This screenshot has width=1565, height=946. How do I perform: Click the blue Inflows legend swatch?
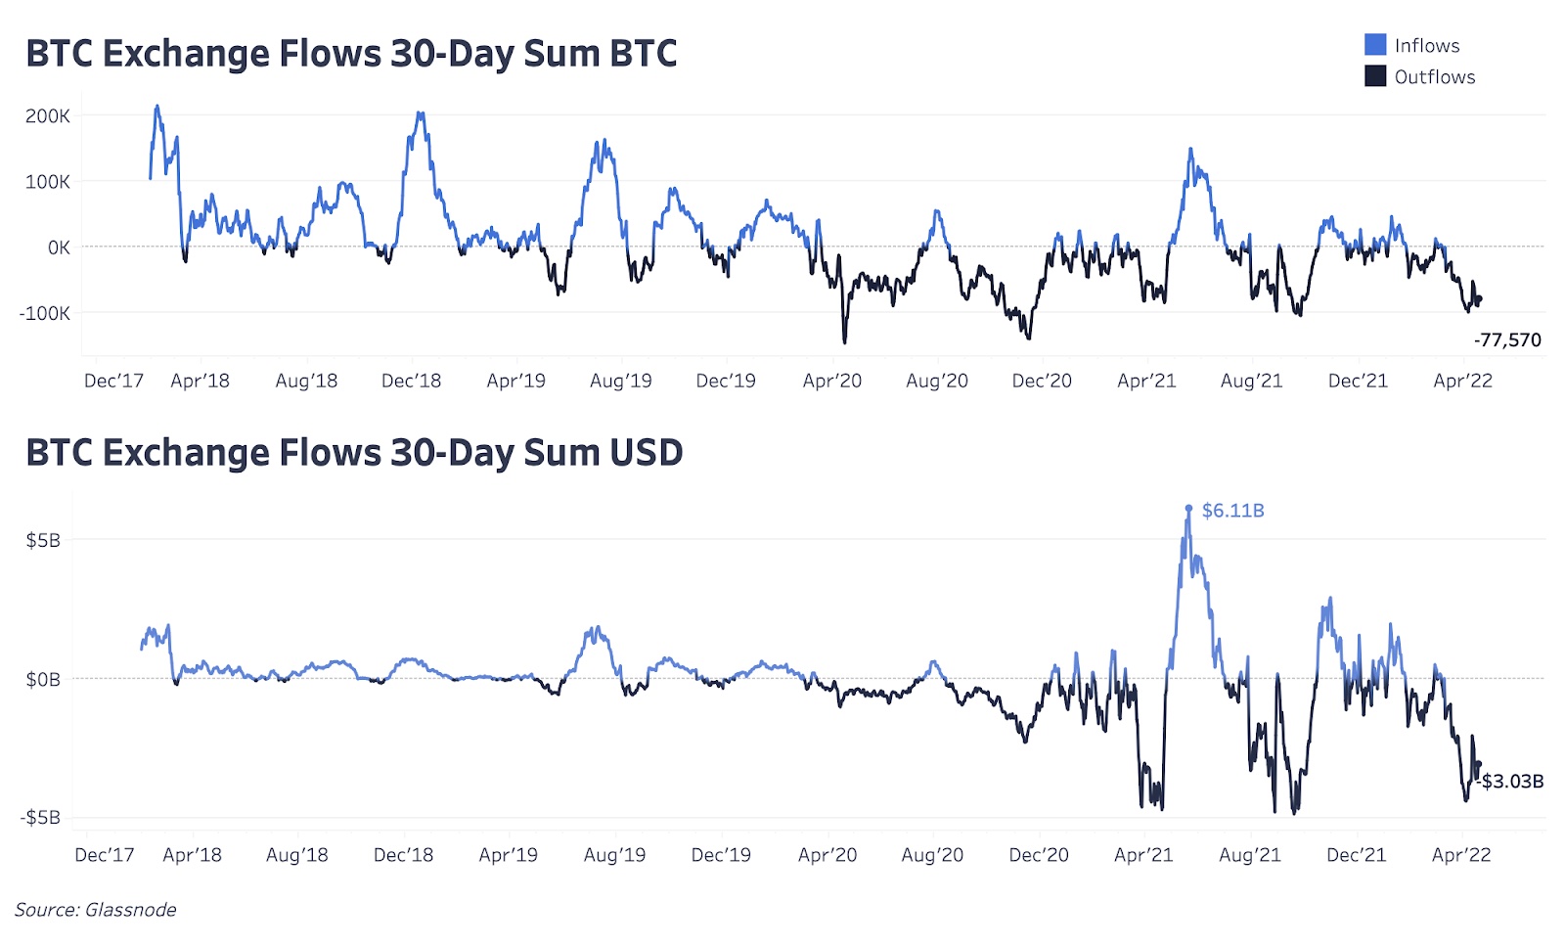pos(1375,45)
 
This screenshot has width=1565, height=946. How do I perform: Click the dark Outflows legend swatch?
pos(1375,76)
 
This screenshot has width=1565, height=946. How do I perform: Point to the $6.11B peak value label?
pos(1232,511)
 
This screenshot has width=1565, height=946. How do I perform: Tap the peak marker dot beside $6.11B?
pos(1189,509)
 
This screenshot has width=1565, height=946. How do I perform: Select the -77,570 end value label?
pos(1507,340)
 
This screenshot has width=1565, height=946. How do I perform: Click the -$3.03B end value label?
pos(1512,782)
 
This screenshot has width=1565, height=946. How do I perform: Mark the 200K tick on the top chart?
pos(48,116)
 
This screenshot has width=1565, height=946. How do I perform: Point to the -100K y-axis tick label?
pos(44,314)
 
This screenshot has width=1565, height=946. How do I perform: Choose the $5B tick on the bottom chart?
pos(42,541)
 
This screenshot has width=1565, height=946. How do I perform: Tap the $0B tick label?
pos(42,680)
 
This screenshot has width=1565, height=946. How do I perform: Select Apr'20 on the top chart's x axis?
pos(831,382)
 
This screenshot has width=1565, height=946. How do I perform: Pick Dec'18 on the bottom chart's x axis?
pos(403,856)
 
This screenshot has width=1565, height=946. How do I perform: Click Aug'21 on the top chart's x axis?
pos(1251,382)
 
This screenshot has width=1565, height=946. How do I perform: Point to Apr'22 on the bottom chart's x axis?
pos(1461,856)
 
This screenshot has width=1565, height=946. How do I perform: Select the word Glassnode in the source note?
pos(130,911)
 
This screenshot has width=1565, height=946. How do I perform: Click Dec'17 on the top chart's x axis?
pos(113,382)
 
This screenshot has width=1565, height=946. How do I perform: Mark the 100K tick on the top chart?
pos(48,182)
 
